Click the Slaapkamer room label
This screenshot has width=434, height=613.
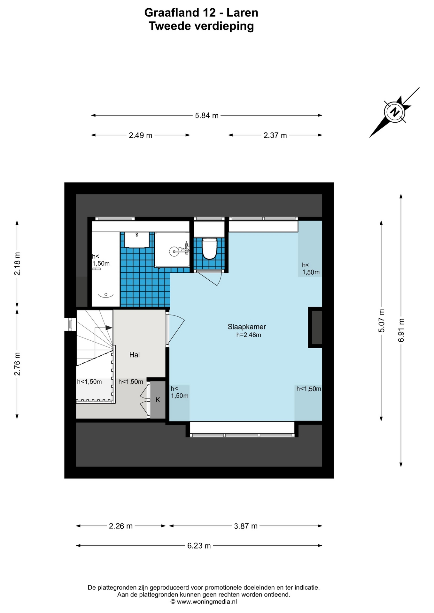(x=247, y=327)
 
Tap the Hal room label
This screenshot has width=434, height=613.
(x=135, y=355)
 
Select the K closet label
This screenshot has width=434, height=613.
(x=158, y=400)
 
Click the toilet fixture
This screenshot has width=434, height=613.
(x=210, y=248)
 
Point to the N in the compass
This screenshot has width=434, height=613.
(x=395, y=112)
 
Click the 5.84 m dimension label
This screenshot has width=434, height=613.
(x=207, y=116)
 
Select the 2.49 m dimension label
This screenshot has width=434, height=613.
(x=141, y=135)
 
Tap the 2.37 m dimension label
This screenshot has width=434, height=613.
(x=275, y=135)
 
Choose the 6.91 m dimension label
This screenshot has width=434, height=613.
(x=401, y=330)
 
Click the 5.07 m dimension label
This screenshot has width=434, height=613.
(x=381, y=321)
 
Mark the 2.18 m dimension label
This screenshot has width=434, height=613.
(x=17, y=264)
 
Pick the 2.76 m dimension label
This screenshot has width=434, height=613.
(x=17, y=364)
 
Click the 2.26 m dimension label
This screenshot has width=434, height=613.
(x=121, y=526)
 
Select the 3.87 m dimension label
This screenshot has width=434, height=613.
(x=246, y=526)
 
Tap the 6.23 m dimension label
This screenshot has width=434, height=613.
(x=199, y=546)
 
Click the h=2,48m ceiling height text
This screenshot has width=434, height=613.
(x=249, y=335)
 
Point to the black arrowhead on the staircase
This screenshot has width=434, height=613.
(x=109, y=328)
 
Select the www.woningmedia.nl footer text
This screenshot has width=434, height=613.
(x=207, y=602)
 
